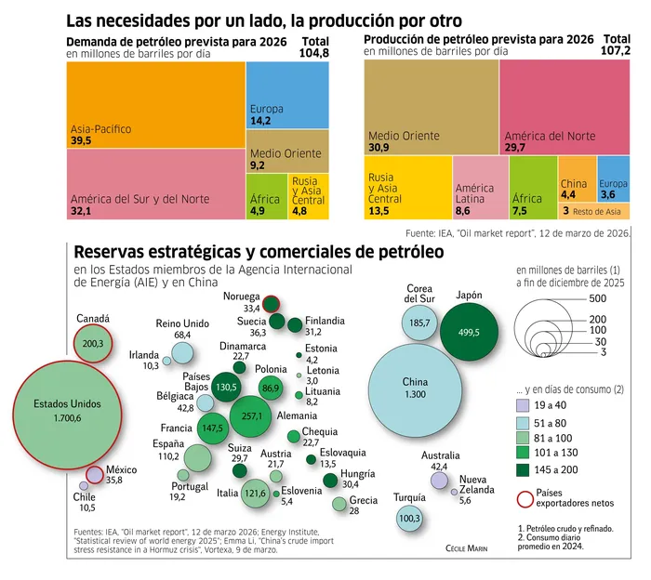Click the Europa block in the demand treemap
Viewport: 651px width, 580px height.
[287, 95]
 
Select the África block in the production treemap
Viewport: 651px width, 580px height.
[533, 188]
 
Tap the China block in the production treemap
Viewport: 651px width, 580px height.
[578, 179]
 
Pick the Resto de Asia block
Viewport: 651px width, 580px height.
[594, 211]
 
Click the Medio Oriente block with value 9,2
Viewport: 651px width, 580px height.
[287, 152]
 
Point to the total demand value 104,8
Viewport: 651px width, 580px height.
[314, 53]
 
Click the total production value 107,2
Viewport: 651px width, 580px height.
[616, 50]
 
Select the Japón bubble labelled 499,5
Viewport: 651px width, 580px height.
[469, 332]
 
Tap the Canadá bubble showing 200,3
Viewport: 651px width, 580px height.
[93, 344]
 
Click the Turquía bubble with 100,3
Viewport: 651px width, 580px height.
[409, 518]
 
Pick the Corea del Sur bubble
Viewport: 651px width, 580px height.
[419, 323]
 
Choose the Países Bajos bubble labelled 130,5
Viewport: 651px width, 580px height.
[226, 387]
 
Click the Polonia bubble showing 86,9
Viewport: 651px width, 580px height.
[271, 389]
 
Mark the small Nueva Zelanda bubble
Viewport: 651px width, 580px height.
[454, 492]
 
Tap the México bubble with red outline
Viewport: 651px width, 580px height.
[95, 475]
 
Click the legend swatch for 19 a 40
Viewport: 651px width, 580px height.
[523, 405]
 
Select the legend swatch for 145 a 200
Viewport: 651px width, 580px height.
[523, 470]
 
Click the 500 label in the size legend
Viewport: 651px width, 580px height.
[597, 298]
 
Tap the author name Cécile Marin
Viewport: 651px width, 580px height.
[466, 548]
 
